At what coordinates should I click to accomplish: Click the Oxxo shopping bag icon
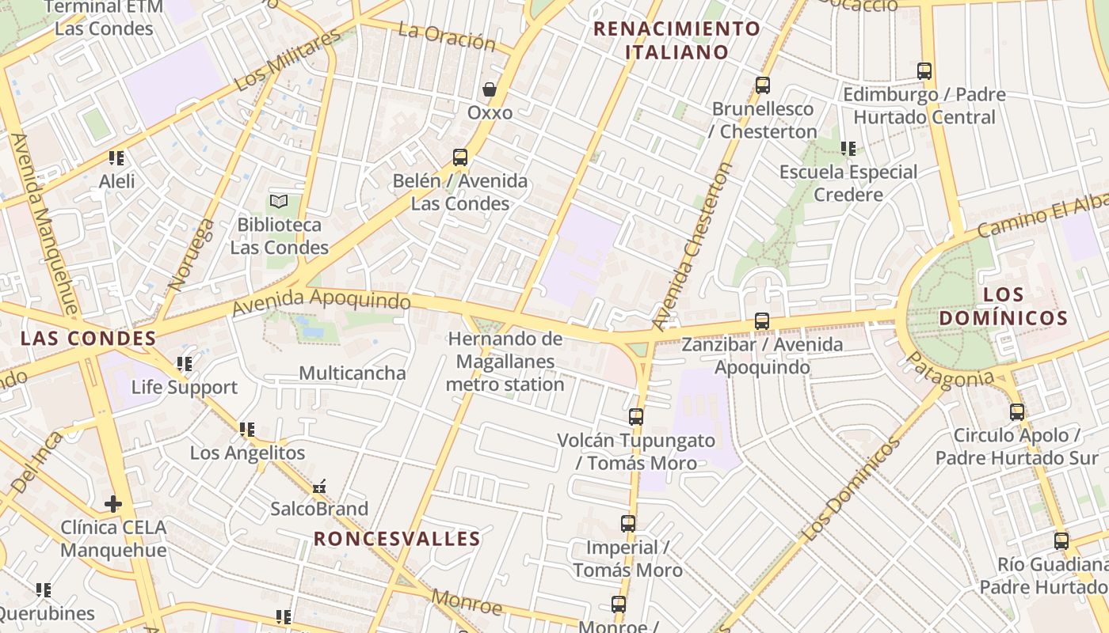pyautogui.click(x=490, y=89)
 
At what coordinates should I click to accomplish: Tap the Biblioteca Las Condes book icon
pyautogui.click(x=278, y=201)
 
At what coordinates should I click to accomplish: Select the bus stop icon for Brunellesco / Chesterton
pyautogui.click(x=763, y=85)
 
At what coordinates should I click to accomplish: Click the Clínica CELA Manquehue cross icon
pyautogui.click(x=113, y=503)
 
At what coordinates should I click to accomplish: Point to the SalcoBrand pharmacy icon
pyautogui.click(x=319, y=487)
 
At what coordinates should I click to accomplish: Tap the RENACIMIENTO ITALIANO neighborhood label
pyautogui.click(x=676, y=40)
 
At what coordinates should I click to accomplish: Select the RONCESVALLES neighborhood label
pyautogui.click(x=397, y=539)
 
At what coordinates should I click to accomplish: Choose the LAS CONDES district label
pyautogui.click(x=88, y=339)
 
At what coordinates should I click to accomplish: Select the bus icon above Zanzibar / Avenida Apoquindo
pyautogui.click(x=762, y=320)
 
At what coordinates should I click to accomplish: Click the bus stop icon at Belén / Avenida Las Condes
pyautogui.click(x=460, y=157)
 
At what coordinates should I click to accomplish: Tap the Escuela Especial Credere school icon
pyautogui.click(x=848, y=148)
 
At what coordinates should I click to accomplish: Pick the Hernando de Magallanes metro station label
pyautogui.click(x=505, y=362)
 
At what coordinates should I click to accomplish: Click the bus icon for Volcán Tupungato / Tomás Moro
pyautogui.click(x=636, y=416)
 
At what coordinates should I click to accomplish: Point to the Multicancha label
pyautogui.click(x=352, y=373)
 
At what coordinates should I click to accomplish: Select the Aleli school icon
pyautogui.click(x=116, y=157)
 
